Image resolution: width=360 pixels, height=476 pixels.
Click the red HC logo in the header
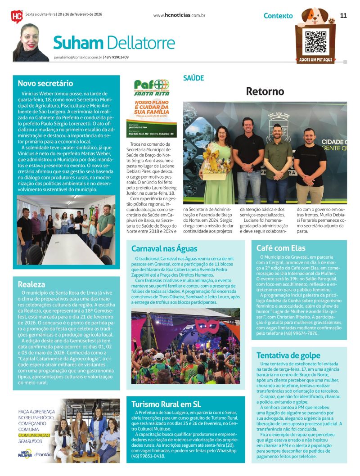(x=17, y=17)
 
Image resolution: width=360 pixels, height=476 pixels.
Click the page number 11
(x=343, y=15)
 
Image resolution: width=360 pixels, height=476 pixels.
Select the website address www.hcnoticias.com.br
(x=179, y=15)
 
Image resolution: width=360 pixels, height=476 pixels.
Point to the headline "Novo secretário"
(x=45, y=83)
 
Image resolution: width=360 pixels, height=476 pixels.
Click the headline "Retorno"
(x=265, y=91)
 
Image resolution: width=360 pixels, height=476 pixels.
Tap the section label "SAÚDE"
(x=193, y=78)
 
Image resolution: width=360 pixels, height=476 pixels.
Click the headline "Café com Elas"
(x=281, y=248)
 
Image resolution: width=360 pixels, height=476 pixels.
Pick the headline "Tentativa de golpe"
(x=288, y=355)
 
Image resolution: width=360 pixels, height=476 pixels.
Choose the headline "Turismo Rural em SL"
(x=166, y=404)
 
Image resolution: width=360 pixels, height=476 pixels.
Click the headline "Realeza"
(x=31, y=284)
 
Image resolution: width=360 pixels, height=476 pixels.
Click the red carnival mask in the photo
(x=207, y=325)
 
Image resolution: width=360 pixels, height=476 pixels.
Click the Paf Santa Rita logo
(x=152, y=87)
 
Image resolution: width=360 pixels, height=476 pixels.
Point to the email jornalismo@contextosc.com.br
(x=77, y=57)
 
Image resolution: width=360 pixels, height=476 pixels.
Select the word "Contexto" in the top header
(x=278, y=16)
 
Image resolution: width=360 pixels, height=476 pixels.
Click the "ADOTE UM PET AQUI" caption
(x=315, y=60)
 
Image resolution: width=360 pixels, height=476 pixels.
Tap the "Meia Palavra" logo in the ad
(x=26, y=454)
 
